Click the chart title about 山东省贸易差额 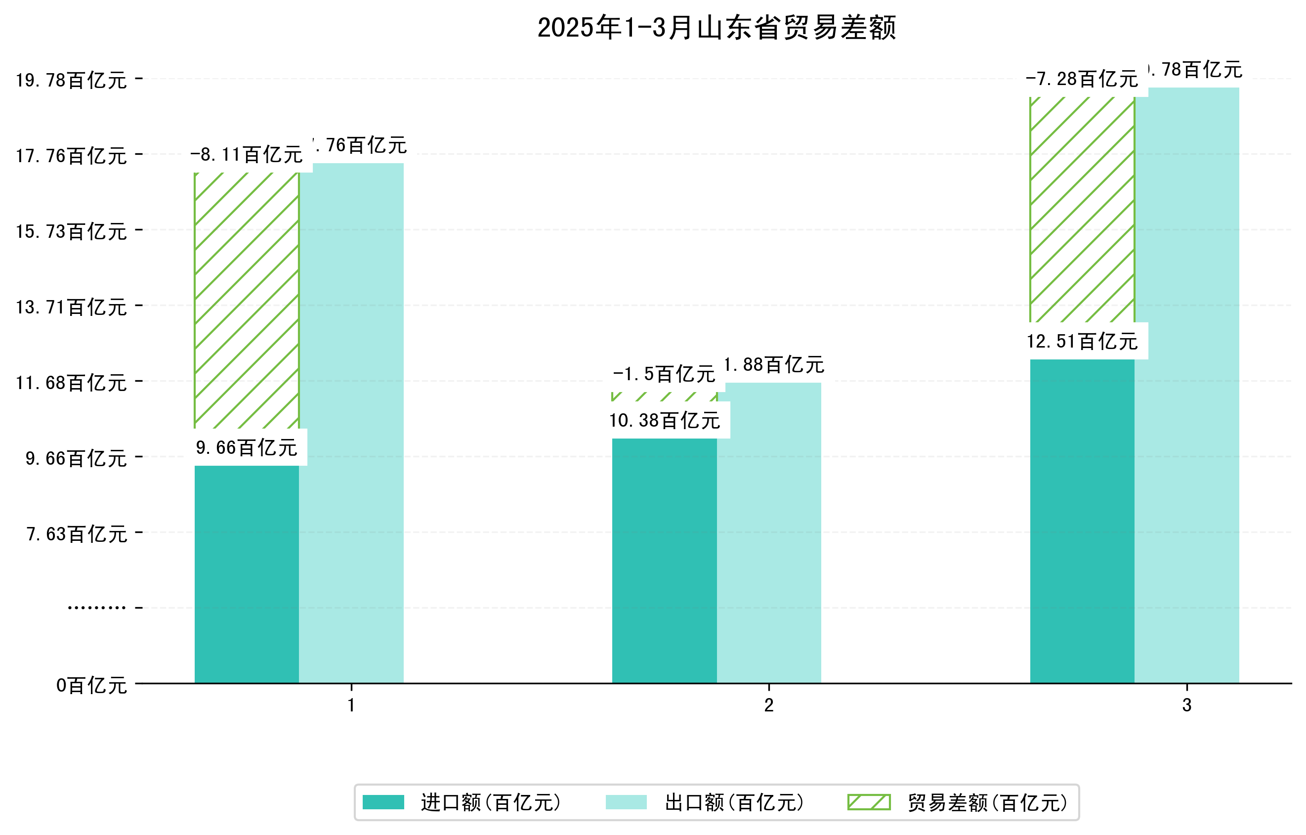tap(716, 28)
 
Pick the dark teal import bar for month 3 tap(1082, 521)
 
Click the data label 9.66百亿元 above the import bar tap(246, 447)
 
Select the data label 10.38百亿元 tap(665, 421)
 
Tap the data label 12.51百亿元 tap(1082, 341)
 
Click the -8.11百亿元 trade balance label tap(246, 155)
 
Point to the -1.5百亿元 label tap(665, 374)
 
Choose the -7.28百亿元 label tap(1082, 79)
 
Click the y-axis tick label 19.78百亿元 tap(71, 80)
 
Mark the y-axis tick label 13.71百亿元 tap(71, 308)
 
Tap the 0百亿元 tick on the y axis tap(91, 686)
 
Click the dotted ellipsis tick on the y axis tap(96, 608)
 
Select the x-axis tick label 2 tap(768, 705)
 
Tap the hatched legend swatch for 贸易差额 tap(869, 802)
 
